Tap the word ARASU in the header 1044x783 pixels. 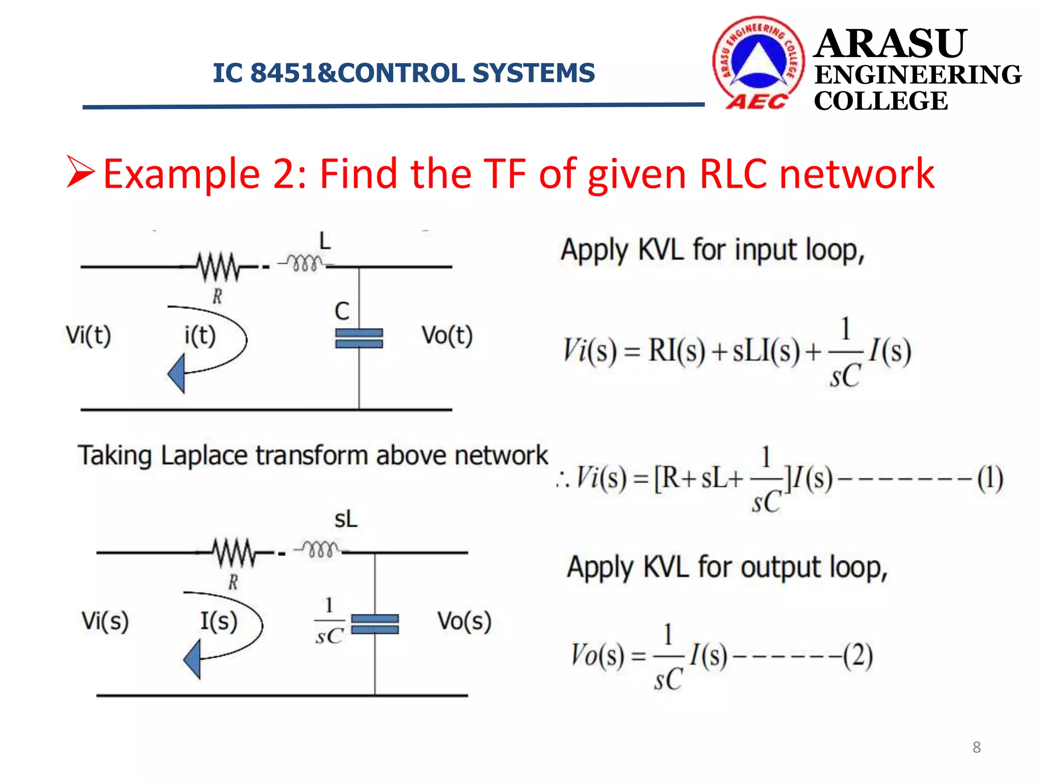pos(890,44)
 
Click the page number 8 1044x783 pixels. pos(976,747)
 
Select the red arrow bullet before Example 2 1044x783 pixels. pos(81,172)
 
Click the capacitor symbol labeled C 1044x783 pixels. pos(359,338)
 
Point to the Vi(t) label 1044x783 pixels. pos(88,335)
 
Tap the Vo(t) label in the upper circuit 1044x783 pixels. pos(447,335)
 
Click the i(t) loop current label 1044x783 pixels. pos(200,335)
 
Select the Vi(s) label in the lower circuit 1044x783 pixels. pos(105,621)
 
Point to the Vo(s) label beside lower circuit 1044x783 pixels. pos(464,621)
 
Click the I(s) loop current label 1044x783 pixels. pos(218,621)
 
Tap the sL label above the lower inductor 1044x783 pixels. pos(346,519)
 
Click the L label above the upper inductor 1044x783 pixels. pos(325,241)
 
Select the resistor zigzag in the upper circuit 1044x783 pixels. pos(218,266)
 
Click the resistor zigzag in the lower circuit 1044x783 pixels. pos(234,552)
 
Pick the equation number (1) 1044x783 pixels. pos(990,478)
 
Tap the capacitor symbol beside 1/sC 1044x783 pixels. pos(375,624)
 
